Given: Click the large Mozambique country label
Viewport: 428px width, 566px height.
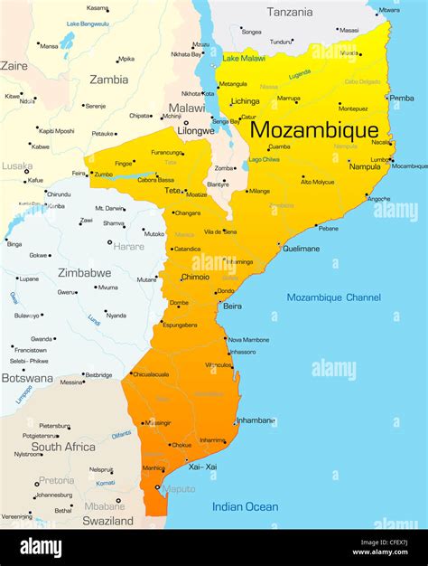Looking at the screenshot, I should point(313,129).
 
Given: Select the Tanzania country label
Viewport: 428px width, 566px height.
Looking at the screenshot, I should point(290,12).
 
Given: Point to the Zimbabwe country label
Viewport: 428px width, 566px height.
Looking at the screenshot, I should point(84,272).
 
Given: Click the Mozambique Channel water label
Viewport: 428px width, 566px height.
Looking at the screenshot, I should point(333,297).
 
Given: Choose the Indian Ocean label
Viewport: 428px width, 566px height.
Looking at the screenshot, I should point(245,506).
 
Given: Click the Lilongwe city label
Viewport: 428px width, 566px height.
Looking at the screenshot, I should point(196,130).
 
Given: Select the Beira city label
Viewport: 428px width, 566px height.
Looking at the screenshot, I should point(232,307).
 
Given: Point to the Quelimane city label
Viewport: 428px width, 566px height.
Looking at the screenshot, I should point(301,249).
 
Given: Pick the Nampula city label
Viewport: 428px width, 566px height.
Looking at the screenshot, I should point(365,166).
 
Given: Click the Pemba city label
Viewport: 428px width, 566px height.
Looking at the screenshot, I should point(402,98).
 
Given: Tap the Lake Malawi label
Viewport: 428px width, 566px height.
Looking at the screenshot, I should point(244,58).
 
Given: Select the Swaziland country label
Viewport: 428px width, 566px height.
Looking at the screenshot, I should point(107,521).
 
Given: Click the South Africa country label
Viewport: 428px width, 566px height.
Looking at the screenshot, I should point(63,447).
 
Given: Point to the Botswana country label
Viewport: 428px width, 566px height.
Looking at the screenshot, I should point(26,378).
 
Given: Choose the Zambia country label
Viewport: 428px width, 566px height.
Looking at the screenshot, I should point(108,80).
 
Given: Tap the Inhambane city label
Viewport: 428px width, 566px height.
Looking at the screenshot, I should point(255,420).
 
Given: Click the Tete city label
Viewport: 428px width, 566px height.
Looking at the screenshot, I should point(172,191).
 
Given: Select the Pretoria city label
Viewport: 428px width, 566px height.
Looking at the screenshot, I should point(57,481).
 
